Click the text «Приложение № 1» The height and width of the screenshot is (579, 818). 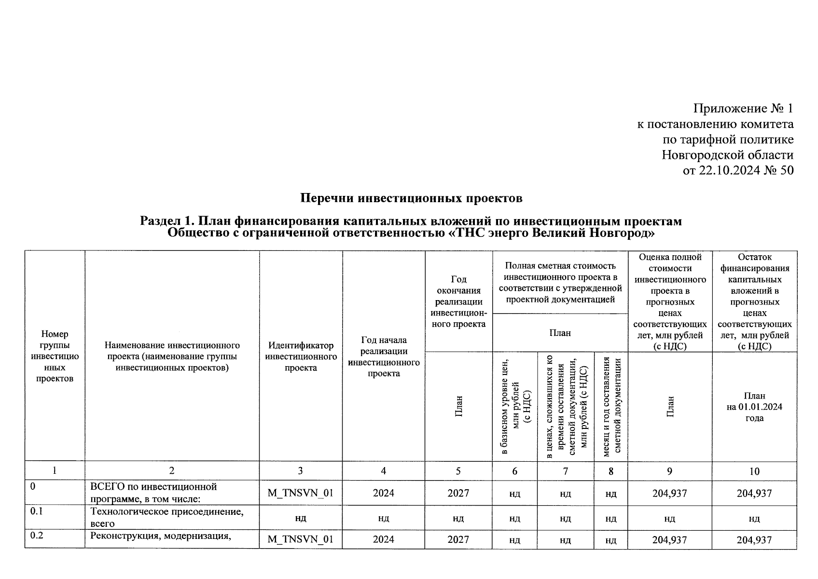click(743, 109)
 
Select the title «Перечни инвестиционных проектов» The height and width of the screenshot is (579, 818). click(411, 198)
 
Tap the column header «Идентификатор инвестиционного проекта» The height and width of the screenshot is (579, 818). click(301, 357)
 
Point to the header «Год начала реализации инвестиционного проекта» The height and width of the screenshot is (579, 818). click(383, 357)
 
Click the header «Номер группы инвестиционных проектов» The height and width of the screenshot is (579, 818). click(55, 356)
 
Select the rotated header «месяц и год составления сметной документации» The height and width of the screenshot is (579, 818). click(611, 406)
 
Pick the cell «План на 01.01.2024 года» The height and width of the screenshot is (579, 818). click(754, 407)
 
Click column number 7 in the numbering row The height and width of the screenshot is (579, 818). click(566, 471)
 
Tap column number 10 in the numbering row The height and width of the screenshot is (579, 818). click(754, 471)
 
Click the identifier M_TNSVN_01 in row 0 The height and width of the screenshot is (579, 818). click(301, 493)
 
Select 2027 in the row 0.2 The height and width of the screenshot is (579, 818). click(458, 539)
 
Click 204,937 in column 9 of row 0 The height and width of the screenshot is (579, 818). click(669, 493)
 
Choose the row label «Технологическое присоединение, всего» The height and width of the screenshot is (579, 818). click(166, 517)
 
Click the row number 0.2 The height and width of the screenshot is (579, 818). click(37, 535)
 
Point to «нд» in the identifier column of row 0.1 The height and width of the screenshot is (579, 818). click(301, 518)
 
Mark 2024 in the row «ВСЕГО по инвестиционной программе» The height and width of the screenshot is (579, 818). click(383, 493)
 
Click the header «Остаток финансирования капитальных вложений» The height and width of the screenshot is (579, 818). click(754, 280)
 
